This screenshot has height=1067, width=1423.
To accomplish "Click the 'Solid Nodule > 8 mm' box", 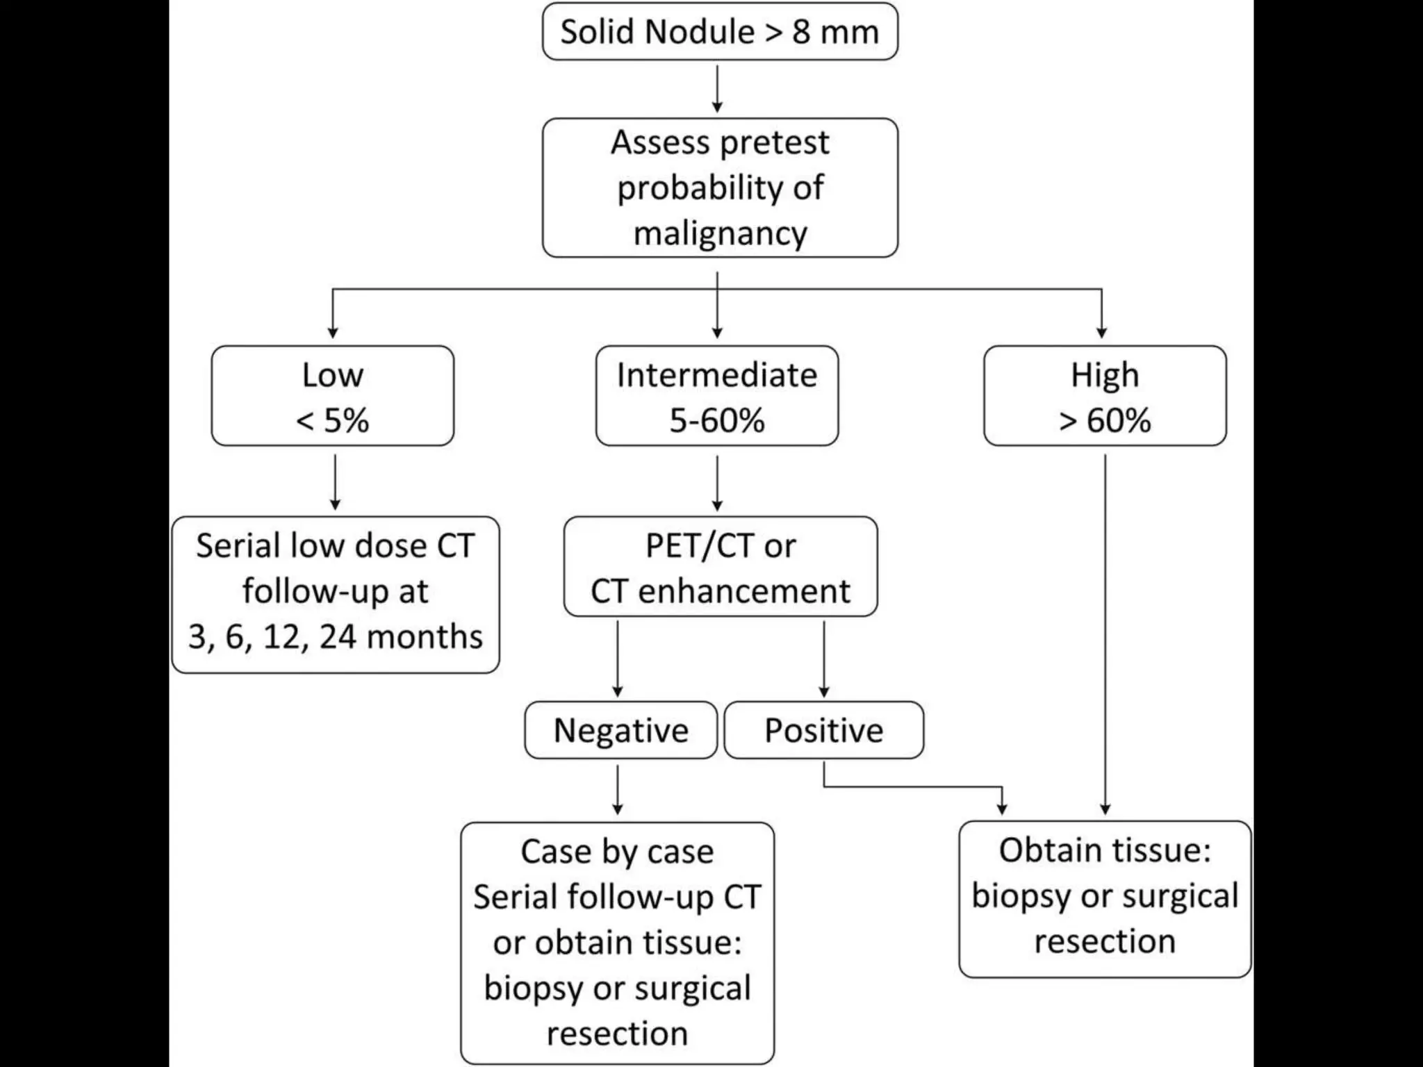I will [720, 32].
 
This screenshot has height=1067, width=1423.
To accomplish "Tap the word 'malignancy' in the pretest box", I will [720, 233].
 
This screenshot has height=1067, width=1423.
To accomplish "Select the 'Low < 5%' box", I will [332, 396].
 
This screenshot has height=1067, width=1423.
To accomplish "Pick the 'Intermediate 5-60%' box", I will [716, 396].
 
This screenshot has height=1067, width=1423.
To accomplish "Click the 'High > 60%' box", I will [1105, 396].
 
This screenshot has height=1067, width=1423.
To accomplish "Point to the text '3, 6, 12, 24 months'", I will [335, 637].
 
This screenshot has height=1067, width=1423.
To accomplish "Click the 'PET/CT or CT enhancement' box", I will [720, 567].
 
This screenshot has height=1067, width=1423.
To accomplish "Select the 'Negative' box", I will [620, 730].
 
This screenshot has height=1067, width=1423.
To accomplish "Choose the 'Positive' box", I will [823, 730].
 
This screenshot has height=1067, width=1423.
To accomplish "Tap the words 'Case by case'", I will [617, 852].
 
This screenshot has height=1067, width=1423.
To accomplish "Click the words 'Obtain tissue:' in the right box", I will [1105, 850].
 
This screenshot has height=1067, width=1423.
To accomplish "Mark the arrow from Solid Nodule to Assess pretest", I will [717, 89].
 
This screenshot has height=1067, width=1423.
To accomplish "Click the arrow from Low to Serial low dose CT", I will [335, 481].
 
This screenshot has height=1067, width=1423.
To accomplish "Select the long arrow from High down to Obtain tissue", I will [1105, 632].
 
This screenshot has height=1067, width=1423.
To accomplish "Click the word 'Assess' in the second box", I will [660, 143].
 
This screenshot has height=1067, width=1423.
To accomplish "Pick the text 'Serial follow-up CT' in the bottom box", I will [617, 897].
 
